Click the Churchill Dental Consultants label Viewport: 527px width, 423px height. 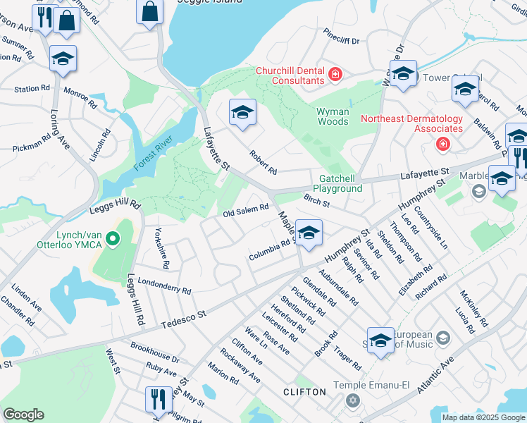290,75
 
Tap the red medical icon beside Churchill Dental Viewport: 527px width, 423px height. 335,74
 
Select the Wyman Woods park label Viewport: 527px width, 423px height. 333,116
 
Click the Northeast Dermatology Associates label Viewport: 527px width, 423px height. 411,123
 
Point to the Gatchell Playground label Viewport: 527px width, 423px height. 340,183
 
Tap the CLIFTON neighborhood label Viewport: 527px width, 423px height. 304,391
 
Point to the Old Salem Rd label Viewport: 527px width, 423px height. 246,209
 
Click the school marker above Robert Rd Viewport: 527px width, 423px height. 242,112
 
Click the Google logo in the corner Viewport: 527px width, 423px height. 23,415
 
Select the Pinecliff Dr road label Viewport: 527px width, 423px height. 341,40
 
